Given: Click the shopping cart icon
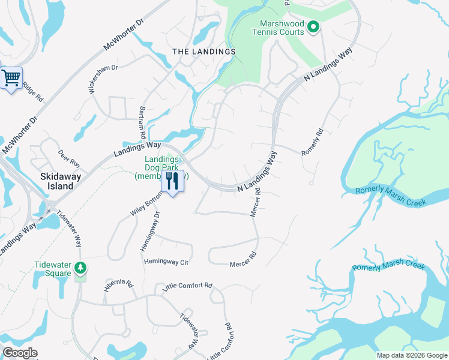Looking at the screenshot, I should coord(11,78).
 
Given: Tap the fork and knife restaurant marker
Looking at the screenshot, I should coord(173,181).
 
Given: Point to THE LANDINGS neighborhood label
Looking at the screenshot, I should coord(203,52).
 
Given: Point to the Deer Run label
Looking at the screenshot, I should coord(69,159).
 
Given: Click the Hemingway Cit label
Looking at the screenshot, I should coord(166,262).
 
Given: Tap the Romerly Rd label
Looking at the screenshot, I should coord(313,143).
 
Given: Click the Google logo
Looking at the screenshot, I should coord(20,353).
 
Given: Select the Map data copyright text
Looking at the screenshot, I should coord(411,355).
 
